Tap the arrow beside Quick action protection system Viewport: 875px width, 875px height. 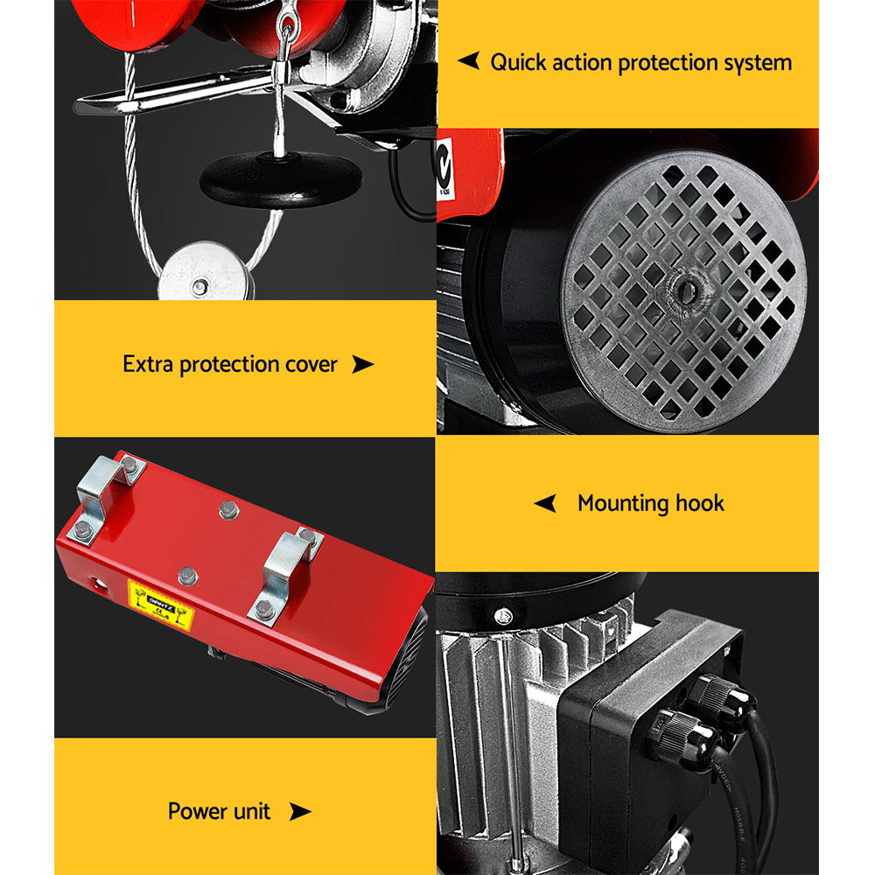click(x=469, y=61)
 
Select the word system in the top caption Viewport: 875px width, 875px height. click(x=758, y=63)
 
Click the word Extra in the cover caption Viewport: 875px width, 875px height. click(x=148, y=365)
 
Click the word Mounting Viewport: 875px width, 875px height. click(x=622, y=504)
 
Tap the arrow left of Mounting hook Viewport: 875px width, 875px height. click(x=546, y=503)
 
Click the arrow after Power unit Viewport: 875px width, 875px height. click(x=300, y=812)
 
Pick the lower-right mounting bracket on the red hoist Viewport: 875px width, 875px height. click(x=285, y=574)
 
